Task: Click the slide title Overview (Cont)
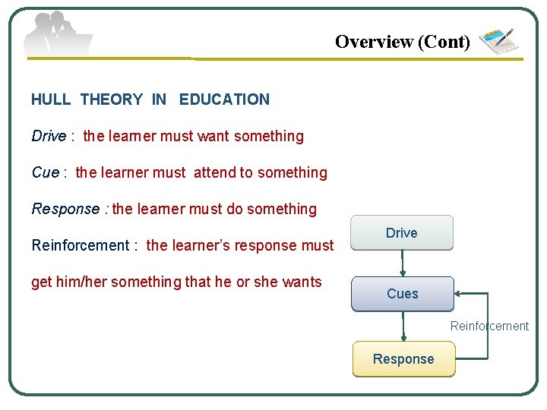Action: click(x=403, y=42)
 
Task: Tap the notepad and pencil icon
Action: click(x=498, y=41)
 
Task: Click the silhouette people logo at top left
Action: click(x=57, y=34)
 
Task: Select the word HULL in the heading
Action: click(x=51, y=99)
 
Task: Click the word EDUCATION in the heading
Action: click(x=224, y=99)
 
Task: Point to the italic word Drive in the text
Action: click(x=49, y=137)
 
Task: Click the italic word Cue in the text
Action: click(x=45, y=173)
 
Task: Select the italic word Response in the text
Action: click(x=65, y=210)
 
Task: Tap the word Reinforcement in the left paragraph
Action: click(x=80, y=245)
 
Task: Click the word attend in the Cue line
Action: click(x=215, y=173)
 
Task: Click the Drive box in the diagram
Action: click(x=401, y=233)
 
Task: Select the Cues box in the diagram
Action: click(x=402, y=294)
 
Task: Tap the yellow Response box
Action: click(x=403, y=359)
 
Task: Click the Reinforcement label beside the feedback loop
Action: click(x=489, y=326)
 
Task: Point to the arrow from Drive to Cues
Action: click(x=403, y=263)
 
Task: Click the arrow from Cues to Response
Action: click(x=403, y=326)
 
